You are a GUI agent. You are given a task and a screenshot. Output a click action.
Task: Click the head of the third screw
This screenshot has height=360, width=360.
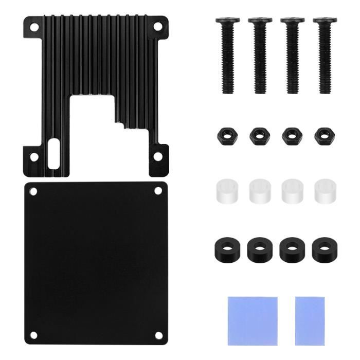[x=293, y=21]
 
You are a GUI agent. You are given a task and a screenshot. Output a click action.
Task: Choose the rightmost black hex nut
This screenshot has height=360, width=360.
[x=325, y=136]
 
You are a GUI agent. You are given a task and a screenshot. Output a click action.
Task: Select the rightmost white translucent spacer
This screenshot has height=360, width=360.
[x=325, y=190]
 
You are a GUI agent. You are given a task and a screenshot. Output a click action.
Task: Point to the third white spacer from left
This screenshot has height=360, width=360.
[x=292, y=190]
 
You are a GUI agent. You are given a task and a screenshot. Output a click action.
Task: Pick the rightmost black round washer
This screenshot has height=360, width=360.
[x=324, y=248]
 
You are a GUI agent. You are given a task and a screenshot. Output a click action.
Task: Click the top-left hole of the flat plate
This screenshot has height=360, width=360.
[x=33, y=192]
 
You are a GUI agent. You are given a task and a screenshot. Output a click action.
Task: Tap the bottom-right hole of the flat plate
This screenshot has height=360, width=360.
[x=159, y=335]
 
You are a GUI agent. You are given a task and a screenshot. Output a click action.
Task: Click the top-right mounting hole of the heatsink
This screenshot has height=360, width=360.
[x=158, y=29]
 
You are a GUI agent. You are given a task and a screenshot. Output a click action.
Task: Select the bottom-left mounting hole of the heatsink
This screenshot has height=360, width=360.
[x=34, y=156]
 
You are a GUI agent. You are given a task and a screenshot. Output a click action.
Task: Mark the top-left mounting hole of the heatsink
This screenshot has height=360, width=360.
[x=34, y=29]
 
